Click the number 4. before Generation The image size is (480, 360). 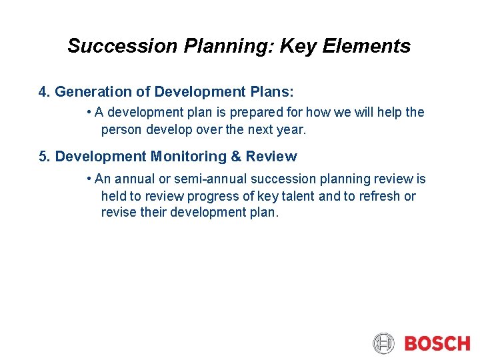(x=45, y=92)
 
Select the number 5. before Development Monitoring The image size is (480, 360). (x=45, y=157)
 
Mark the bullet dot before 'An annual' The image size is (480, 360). (x=89, y=179)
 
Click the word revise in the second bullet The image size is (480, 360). (x=117, y=213)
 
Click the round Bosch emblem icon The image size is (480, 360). (x=384, y=343)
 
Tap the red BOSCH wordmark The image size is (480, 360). (x=437, y=343)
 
